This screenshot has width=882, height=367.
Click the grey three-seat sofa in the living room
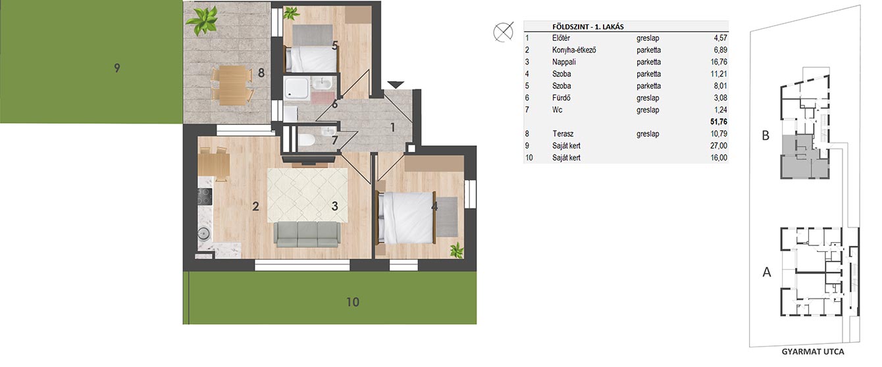(x=307, y=234)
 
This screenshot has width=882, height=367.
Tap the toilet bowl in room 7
(x=305, y=139)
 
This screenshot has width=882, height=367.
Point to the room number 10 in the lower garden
(x=352, y=302)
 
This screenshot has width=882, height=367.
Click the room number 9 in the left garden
(x=117, y=68)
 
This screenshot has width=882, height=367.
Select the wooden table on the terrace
(x=232, y=85)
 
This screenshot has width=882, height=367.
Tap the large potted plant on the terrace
(x=201, y=20)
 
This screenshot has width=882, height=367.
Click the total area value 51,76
(x=719, y=122)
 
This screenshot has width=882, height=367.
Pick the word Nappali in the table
(x=564, y=62)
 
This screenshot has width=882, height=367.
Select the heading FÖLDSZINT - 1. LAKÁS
(x=588, y=27)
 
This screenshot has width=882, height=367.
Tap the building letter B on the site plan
(x=765, y=135)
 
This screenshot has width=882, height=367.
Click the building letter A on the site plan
(x=767, y=272)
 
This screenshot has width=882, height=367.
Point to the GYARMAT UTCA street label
(x=813, y=352)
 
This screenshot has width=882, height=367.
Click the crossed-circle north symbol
(x=504, y=32)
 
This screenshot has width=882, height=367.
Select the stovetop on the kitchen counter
(x=204, y=197)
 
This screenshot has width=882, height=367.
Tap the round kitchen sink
(x=203, y=233)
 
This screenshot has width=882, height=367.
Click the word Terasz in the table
(x=563, y=134)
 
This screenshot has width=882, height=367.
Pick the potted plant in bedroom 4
(x=457, y=250)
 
